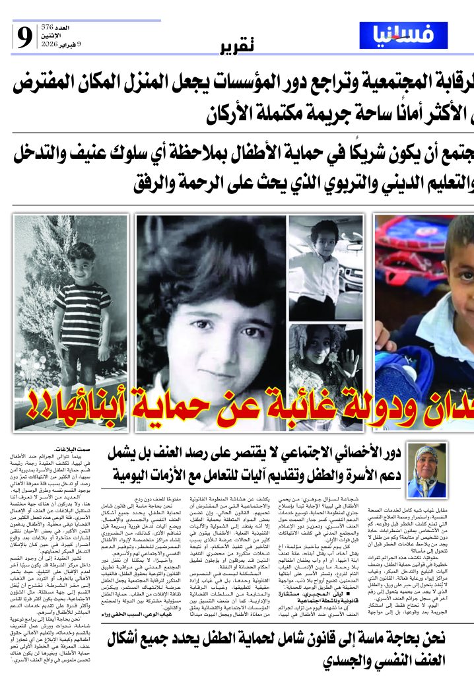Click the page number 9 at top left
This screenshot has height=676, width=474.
coord(25,39)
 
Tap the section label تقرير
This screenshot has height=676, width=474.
coord(236,46)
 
